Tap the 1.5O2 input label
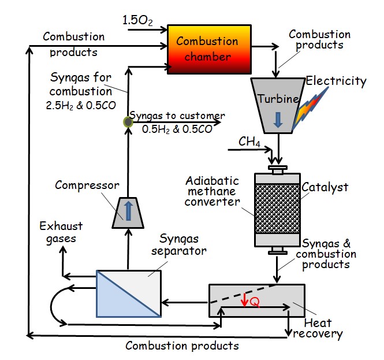click(x=137, y=21)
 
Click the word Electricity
click(x=337, y=81)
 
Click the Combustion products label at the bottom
click(x=182, y=346)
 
